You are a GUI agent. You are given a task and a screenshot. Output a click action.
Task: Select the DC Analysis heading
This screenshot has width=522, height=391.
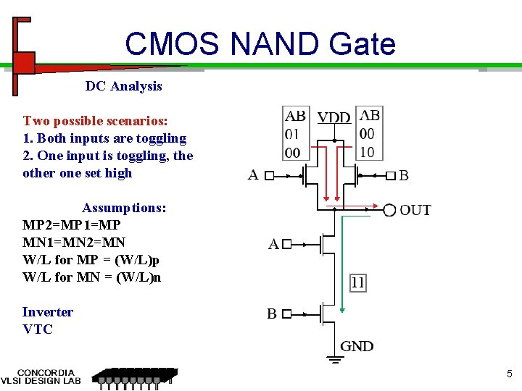(x=123, y=86)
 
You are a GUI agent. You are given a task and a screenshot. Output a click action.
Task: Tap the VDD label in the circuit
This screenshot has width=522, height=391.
(x=334, y=117)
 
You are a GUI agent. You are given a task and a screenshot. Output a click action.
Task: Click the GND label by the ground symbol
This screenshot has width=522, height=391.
(x=357, y=346)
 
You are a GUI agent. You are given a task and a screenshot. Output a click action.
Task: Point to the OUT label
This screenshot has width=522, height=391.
(x=415, y=210)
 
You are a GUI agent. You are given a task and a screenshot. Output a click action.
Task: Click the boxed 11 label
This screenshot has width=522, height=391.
(x=357, y=282)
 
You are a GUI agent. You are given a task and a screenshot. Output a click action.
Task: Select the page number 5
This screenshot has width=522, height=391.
(x=509, y=374)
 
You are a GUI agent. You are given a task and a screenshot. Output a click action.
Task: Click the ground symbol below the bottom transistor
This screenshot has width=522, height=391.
(x=334, y=358)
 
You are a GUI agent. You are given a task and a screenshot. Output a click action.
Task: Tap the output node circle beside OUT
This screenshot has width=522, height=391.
(x=389, y=210)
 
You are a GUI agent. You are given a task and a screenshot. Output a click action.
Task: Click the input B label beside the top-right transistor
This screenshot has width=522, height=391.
(x=404, y=175)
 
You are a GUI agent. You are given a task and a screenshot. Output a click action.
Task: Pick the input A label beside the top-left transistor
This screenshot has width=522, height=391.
(x=253, y=175)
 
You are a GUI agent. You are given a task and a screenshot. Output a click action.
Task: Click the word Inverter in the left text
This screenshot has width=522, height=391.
(x=48, y=312)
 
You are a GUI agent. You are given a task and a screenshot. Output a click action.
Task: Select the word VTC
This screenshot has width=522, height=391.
(x=38, y=329)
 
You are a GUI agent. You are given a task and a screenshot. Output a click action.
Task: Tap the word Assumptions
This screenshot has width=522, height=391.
(x=124, y=208)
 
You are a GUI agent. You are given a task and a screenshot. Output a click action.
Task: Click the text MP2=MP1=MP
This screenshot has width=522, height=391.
(x=72, y=225)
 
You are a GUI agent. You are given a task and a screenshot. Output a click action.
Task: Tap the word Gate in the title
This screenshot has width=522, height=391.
(x=362, y=44)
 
